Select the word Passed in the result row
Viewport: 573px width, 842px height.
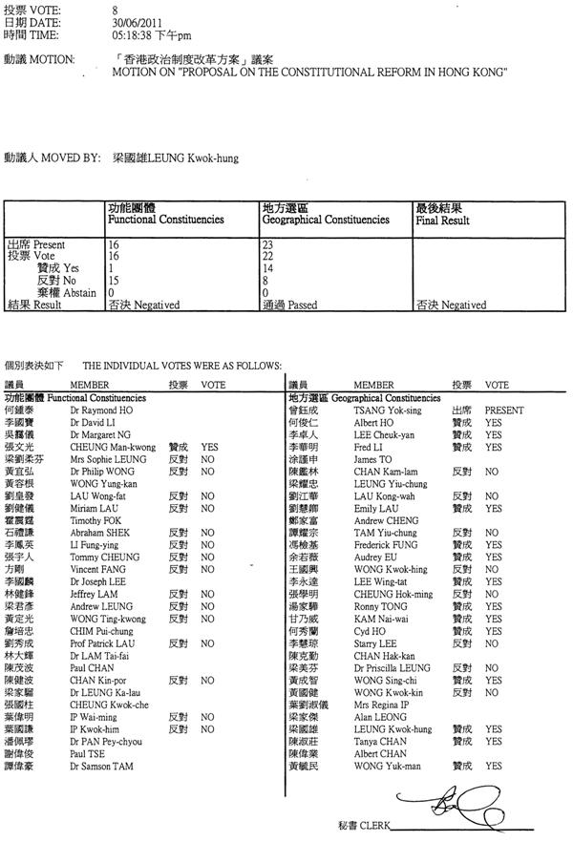[304, 305]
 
